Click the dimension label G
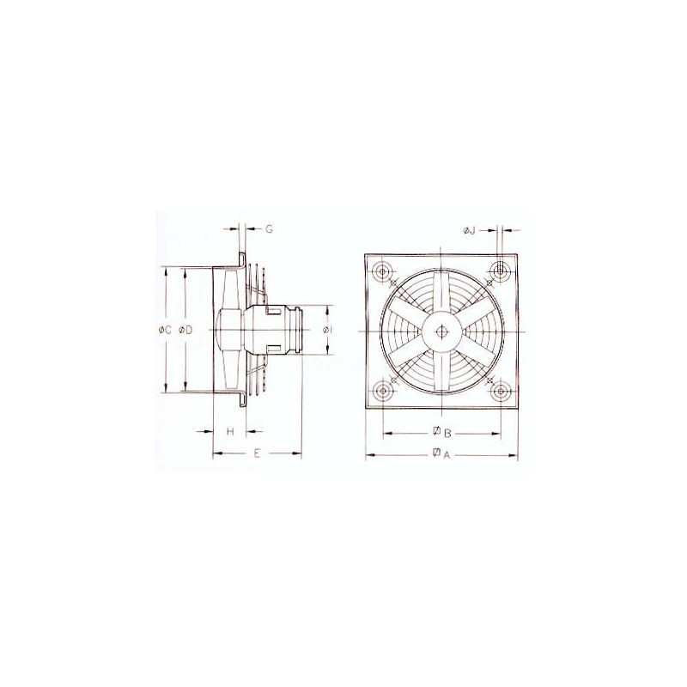(x=268, y=229)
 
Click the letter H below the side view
(x=230, y=431)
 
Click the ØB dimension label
(x=441, y=431)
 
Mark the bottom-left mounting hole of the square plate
(x=381, y=391)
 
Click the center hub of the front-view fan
(x=441, y=331)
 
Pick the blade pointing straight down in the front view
(x=441, y=371)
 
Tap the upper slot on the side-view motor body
(x=274, y=310)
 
